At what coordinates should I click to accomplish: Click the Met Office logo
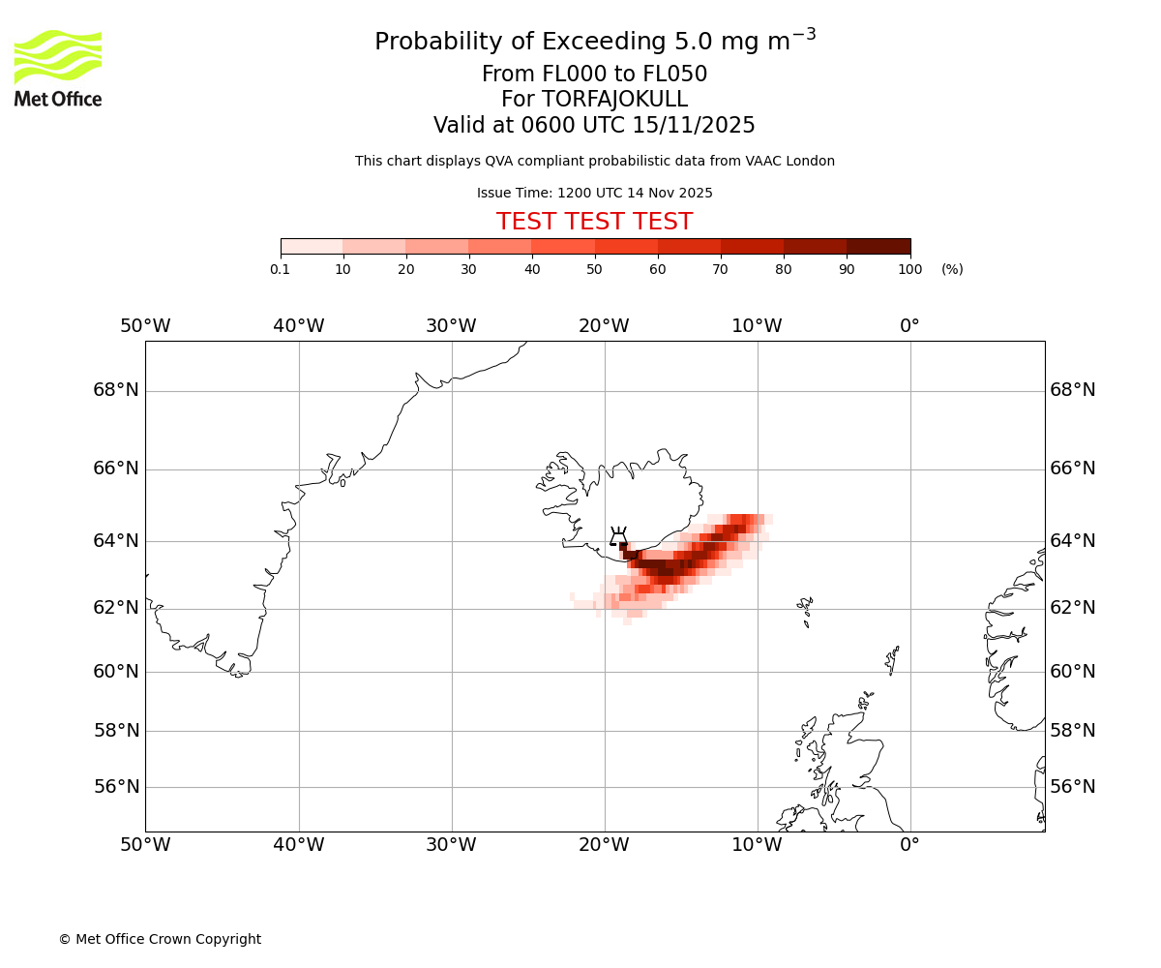click(x=58, y=68)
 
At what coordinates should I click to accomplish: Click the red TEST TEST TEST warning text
click(x=594, y=222)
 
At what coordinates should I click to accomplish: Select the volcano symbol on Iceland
click(x=618, y=537)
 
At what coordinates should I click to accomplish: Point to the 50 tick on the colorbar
click(x=595, y=269)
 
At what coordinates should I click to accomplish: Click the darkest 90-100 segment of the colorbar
click(x=878, y=246)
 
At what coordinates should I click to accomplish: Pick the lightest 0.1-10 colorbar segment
click(x=312, y=246)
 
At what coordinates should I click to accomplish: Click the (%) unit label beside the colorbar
click(x=952, y=269)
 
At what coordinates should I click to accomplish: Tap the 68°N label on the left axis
click(x=116, y=390)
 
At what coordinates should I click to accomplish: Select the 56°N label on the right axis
click(x=1073, y=787)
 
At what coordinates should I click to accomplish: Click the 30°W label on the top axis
click(x=451, y=326)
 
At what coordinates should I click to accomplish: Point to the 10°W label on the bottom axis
click(x=757, y=845)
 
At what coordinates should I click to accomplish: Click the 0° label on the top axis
click(x=909, y=326)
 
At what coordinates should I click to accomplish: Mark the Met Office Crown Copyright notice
click(x=160, y=939)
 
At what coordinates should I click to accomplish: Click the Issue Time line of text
click(x=594, y=193)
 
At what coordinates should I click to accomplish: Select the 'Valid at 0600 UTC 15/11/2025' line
click(x=594, y=126)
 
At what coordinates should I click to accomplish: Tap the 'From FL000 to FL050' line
click(x=594, y=75)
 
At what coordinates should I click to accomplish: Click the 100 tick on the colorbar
click(x=909, y=269)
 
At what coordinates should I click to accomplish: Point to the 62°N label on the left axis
click(x=116, y=608)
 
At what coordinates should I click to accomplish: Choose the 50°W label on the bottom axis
click(x=145, y=845)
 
